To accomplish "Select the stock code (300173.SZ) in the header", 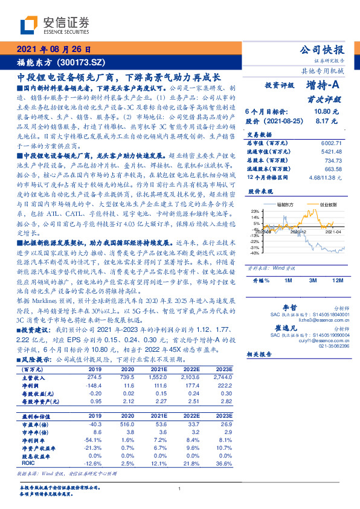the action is coord(85,62).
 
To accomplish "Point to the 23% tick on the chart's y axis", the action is coord(255,210).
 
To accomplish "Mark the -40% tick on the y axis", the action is coord(255,253).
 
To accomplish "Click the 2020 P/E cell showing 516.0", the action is coord(127,424).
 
